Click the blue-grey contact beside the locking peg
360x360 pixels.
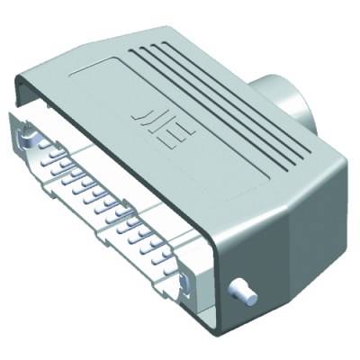click(x=184, y=285)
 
